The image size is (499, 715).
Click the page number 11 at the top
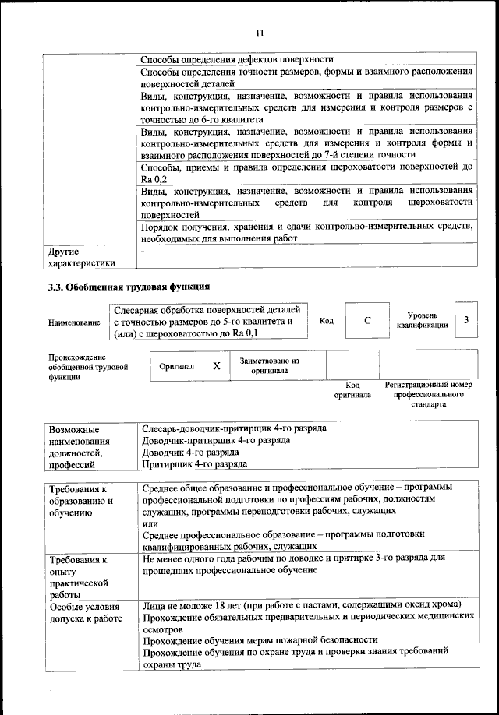(260, 32)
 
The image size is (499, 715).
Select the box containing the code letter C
(366, 320)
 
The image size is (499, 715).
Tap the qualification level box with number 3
(465, 320)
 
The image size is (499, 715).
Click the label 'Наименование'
(74, 322)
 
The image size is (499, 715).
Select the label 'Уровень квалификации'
(421, 320)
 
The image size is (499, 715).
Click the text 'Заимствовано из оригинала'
(269, 366)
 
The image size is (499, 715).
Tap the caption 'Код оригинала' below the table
(352, 390)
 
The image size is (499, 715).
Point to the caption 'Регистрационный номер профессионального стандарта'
(430, 395)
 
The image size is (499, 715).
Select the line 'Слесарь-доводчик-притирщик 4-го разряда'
(234, 428)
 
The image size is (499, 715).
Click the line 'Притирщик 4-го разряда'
(194, 464)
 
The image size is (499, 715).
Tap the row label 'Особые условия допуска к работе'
(86, 612)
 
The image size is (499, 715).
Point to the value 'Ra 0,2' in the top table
(154, 180)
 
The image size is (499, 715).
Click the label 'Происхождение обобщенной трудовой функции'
(87, 366)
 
